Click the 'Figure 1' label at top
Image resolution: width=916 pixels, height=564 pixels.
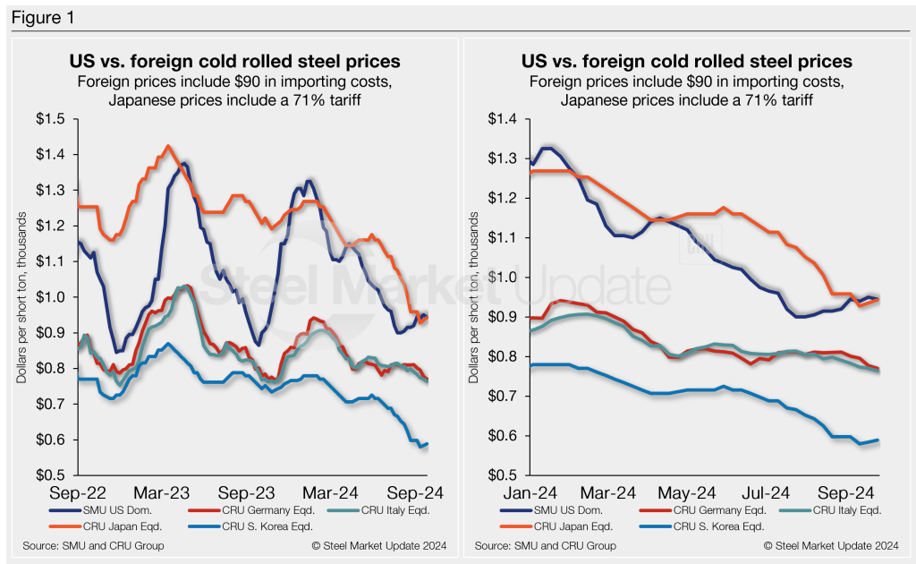coord(42,18)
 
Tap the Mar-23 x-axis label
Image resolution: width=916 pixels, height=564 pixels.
coord(162,492)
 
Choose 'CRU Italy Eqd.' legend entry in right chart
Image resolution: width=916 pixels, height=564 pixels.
coord(831,510)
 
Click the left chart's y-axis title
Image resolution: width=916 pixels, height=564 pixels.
coord(21,295)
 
